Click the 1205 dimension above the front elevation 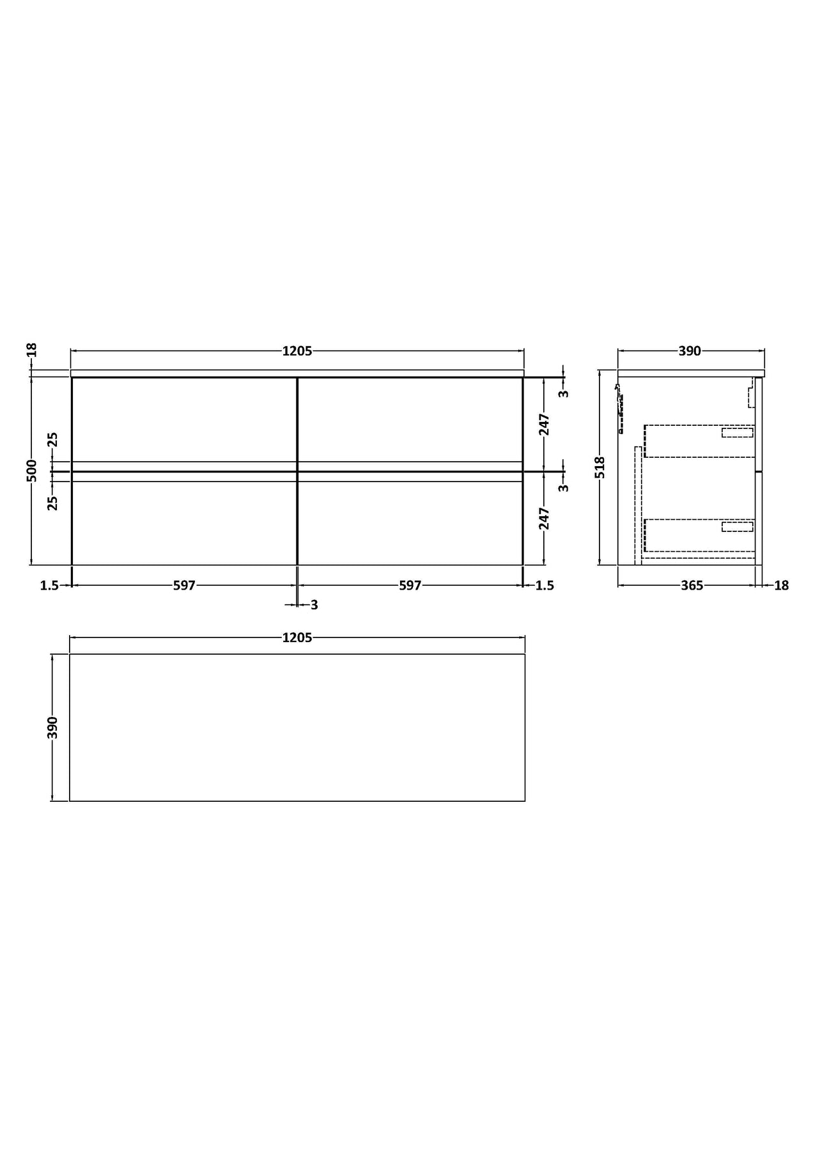click(x=297, y=350)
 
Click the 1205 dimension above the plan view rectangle click(x=297, y=638)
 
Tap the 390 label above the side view click(x=690, y=350)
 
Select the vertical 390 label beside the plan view click(x=53, y=728)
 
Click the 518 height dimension click(x=600, y=467)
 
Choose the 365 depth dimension click(x=692, y=585)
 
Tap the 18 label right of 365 click(x=781, y=585)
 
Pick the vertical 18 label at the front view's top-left click(x=32, y=350)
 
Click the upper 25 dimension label click(x=53, y=439)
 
